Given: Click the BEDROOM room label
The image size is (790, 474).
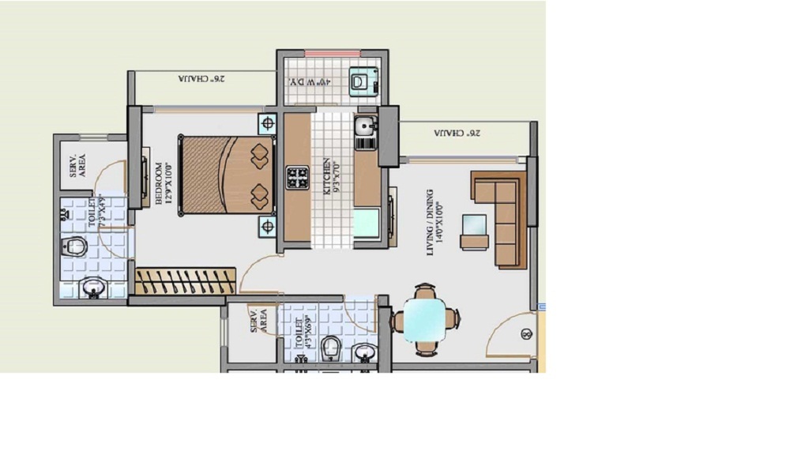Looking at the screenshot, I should coord(161,183).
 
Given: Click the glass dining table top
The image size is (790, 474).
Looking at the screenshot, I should coord(425,319).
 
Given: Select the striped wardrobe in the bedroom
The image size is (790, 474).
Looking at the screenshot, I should coord(185,280).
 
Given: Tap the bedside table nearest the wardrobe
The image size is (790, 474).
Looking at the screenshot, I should coord(267,227).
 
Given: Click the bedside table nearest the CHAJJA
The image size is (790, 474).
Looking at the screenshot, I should coord(267,123).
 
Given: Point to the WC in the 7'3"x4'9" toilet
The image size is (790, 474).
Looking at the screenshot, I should coord(74,246).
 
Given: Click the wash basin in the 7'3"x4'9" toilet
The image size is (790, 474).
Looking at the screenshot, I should coord(93,290).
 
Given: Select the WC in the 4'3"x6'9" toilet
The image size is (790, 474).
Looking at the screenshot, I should coord(331,348).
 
